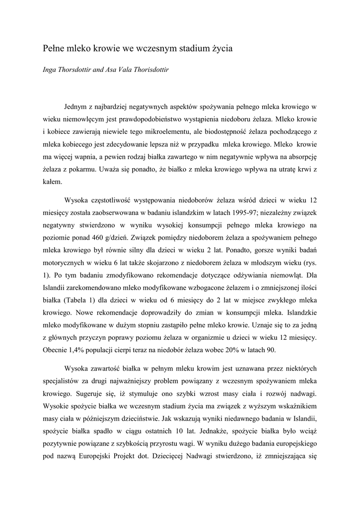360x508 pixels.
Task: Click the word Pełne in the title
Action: pyautogui.click(x=53, y=49)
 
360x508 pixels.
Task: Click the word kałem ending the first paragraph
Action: pyautogui.click(x=51, y=182)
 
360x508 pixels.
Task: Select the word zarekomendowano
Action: pyautogui.click(x=90, y=288)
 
